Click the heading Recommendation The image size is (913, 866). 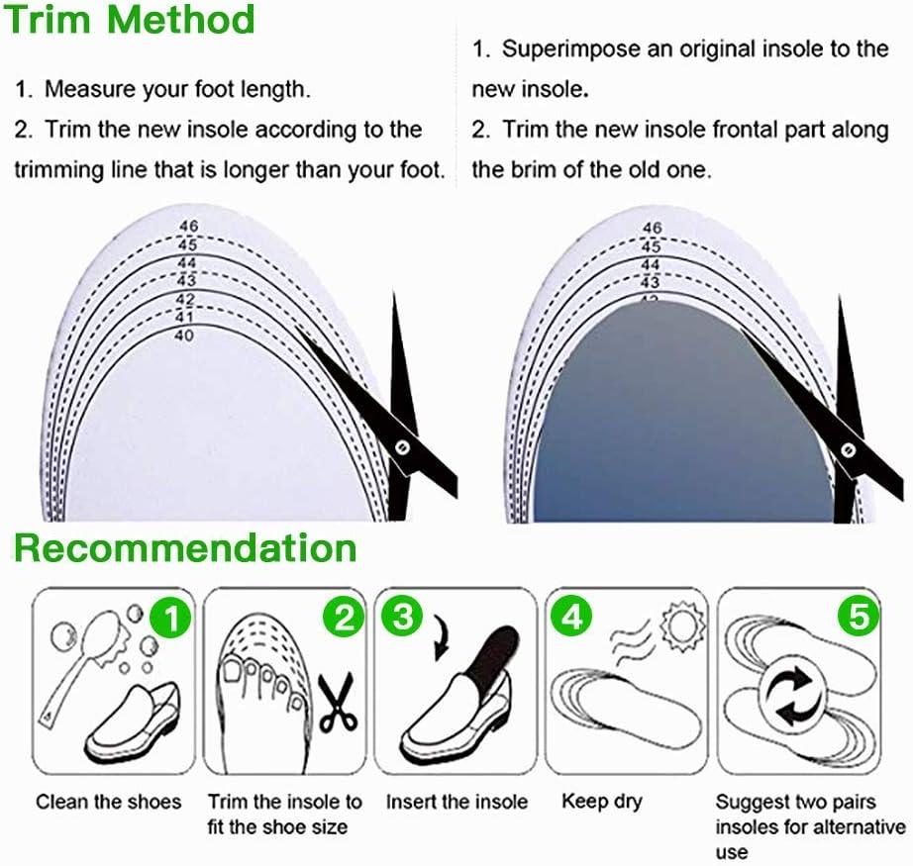[x=186, y=547]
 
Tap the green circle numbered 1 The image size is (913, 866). [x=170, y=620]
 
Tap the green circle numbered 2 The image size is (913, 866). [x=342, y=619]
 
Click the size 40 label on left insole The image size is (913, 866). [x=183, y=336]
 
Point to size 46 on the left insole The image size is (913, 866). [x=188, y=227]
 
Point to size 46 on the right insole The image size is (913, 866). [x=651, y=229]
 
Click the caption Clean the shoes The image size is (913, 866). [x=109, y=802]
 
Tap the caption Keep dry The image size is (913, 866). [x=602, y=801]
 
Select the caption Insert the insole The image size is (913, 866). [x=456, y=802]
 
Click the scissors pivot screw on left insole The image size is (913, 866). [x=403, y=447]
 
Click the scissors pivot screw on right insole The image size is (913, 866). [x=847, y=448]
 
